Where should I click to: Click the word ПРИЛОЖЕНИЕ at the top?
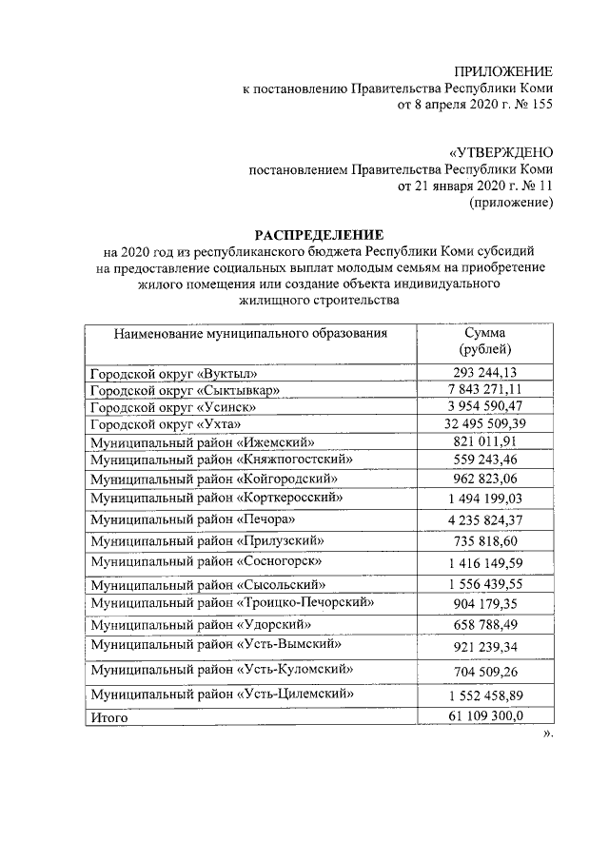click(x=503, y=72)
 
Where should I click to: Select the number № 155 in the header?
click(x=528, y=105)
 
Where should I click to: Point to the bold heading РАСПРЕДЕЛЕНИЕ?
click(x=318, y=234)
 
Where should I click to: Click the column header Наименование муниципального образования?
click(x=251, y=334)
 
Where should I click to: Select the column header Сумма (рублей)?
click(x=484, y=342)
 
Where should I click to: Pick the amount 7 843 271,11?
click(x=484, y=391)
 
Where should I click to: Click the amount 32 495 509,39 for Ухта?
click(x=484, y=423)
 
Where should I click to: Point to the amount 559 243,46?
click(x=484, y=459)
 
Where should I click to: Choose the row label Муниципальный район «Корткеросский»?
click(x=216, y=497)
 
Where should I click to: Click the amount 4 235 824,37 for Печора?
click(x=484, y=519)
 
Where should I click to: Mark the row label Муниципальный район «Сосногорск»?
click(x=209, y=562)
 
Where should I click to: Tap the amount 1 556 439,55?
click(x=484, y=584)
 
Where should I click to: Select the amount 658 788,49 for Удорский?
click(x=484, y=625)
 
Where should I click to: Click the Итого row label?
click(x=108, y=717)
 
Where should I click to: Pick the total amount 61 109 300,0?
click(x=484, y=716)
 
